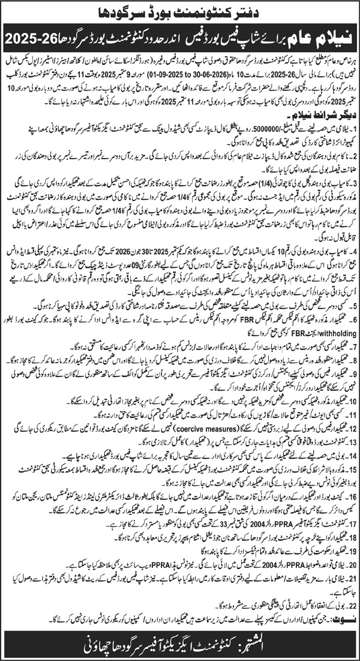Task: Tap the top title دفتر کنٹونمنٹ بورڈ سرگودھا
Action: point(180,10)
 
